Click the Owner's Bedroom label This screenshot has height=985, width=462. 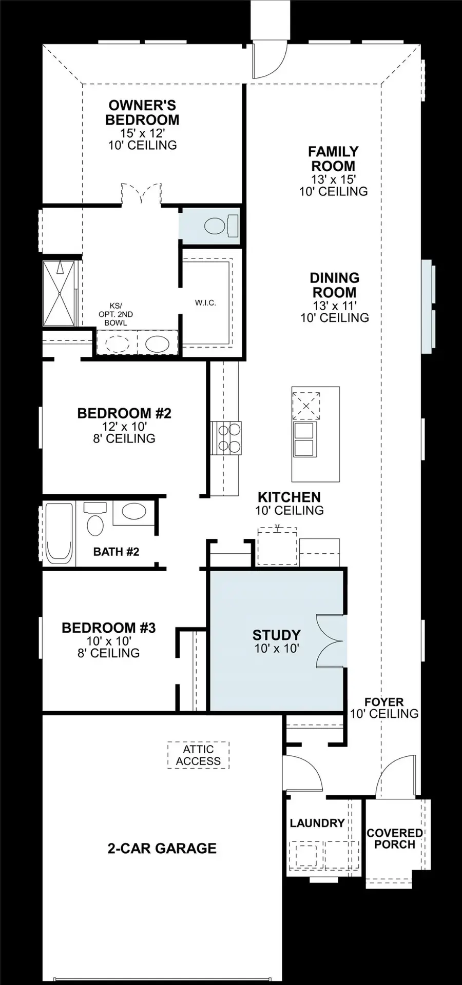coord(142,113)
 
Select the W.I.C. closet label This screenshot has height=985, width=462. coord(205,303)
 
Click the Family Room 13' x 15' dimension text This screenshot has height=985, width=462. coord(334,179)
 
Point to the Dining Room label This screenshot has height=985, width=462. coord(334,285)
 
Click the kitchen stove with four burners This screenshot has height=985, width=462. coord(226,437)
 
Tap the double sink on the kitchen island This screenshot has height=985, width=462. coord(305,439)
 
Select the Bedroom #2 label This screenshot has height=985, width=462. coord(124,413)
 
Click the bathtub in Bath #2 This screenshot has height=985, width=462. coord(58,534)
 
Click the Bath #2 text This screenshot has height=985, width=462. coord(116,552)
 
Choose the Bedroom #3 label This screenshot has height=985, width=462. coord(109,628)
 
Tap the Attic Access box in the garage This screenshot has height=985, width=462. coord(198,755)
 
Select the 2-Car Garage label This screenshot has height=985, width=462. coord(162,849)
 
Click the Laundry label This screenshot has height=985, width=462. coord(317,823)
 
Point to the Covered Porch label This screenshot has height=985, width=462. coord(395,839)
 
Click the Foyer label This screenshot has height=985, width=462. coord(384,702)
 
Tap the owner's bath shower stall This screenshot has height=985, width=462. coord(60,293)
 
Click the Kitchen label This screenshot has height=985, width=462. coord(289,497)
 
